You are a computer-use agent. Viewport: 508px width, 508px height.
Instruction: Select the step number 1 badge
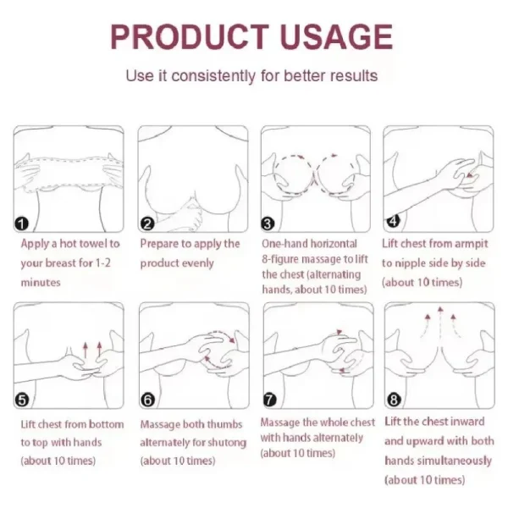click(x=23, y=224)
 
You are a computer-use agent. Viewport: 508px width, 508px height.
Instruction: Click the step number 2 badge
click(x=146, y=224)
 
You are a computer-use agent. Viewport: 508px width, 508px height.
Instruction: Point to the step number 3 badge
click(x=268, y=224)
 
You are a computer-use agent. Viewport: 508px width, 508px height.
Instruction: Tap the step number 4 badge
click(x=392, y=221)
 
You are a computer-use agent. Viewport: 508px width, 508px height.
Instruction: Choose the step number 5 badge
click(x=23, y=400)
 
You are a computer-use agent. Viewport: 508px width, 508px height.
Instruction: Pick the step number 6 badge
click(x=146, y=400)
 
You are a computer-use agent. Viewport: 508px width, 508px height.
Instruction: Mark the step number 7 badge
click(x=268, y=400)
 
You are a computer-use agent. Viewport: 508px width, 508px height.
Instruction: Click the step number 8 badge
click(x=392, y=400)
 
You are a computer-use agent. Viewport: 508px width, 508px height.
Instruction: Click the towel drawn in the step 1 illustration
click(x=68, y=165)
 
